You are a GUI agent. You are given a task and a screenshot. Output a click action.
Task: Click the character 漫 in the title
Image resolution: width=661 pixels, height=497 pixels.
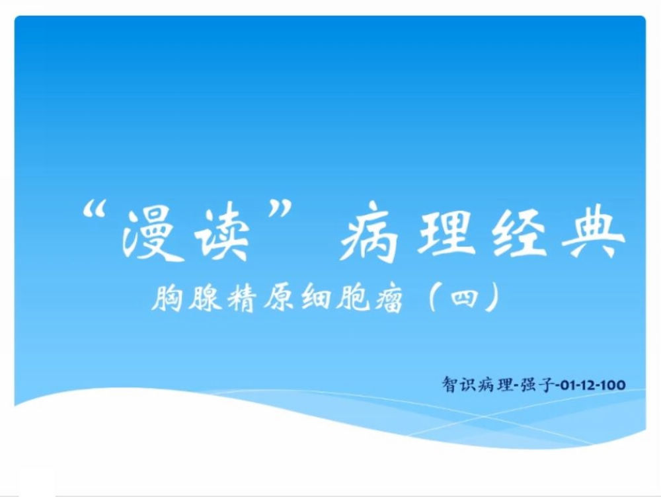click(147, 234)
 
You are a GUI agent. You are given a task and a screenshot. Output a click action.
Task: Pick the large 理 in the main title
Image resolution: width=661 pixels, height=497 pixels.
click(444, 232)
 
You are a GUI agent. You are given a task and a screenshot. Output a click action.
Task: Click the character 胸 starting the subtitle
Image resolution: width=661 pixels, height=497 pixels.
click(167, 298)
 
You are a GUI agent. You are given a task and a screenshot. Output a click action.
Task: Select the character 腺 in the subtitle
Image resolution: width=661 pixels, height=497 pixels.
click(205, 298)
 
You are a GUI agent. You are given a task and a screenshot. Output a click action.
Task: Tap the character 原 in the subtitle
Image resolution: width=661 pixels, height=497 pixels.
click(279, 298)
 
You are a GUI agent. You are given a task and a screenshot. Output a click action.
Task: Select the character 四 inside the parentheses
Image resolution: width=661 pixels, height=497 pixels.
click(464, 299)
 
